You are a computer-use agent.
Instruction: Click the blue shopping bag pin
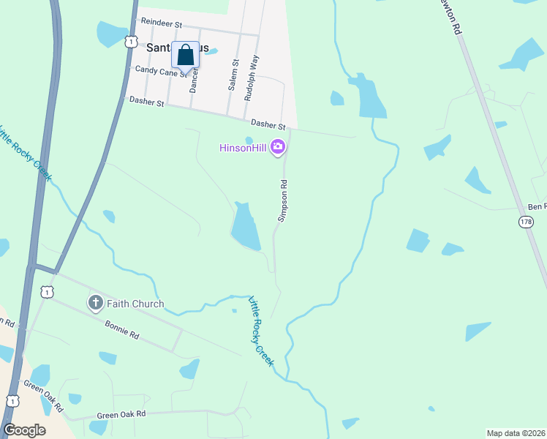click(185, 55)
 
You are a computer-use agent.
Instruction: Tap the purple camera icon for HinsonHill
click(278, 148)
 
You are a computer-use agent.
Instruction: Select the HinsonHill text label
click(243, 148)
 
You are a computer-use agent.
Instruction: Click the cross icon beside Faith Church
click(95, 303)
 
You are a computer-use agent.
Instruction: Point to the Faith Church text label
click(135, 304)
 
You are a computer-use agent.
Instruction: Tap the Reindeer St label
click(161, 23)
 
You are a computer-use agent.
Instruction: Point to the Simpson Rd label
click(282, 200)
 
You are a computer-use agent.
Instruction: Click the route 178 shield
click(526, 221)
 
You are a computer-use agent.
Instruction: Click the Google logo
click(24, 429)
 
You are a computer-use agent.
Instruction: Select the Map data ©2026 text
click(516, 432)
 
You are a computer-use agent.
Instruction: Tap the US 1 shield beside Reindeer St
click(130, 42)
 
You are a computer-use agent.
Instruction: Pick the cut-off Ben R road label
click(538, 207)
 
